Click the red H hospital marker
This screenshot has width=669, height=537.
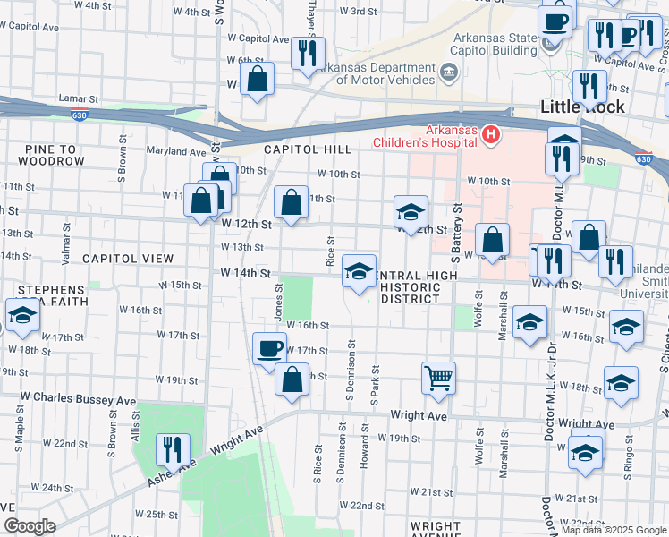tap(490, 135)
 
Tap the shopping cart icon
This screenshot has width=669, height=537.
tap(438, 378)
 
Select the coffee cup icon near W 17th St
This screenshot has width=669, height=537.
tap(269, 348)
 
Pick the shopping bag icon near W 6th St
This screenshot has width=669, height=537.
tap(258, 79)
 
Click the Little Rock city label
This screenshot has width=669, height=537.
tap(581, 107)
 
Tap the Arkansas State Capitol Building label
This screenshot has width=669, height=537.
tap(495, 43)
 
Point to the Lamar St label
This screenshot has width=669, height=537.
tap(77, 98)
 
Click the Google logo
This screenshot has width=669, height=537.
tap(29, 526)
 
